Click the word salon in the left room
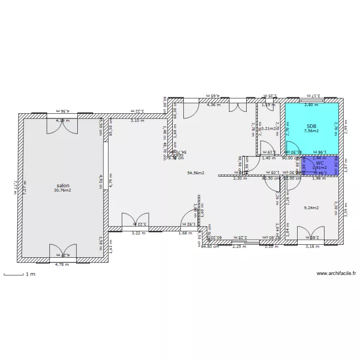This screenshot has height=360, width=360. tap(62, 185)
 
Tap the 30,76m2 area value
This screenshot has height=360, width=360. tap(62, 190)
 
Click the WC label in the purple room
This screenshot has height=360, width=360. tap(320, 163)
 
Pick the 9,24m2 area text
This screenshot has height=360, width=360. tap(312, 208)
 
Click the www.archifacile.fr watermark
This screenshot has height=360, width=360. tap(336, 273)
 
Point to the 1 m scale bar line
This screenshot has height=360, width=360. tap(13, 275)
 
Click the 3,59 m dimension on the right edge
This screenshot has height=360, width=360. tap(346, 209)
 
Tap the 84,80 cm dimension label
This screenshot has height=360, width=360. tap(210, 247)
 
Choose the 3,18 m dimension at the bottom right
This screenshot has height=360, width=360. tap(312, 247)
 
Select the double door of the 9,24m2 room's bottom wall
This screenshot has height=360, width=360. tap(312, 234)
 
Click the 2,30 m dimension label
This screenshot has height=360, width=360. tap(240, 178)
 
